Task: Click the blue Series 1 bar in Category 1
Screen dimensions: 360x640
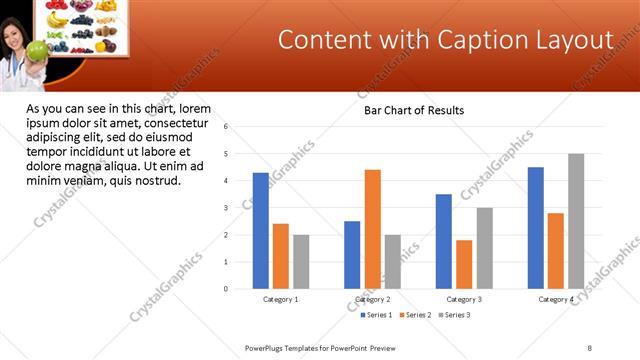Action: click(261, 231)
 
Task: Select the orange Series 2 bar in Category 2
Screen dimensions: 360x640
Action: click(372, 229)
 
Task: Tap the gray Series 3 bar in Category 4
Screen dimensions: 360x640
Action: click(576, 221)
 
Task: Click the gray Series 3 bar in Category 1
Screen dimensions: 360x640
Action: click(301, 262)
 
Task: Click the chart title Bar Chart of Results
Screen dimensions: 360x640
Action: click(413, 110)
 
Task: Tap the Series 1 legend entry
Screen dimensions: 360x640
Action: click(376, 315)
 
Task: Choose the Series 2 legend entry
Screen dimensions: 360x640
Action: click(416, 315)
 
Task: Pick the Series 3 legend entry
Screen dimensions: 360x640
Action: click(455, 315)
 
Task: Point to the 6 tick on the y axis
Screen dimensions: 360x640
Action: click(227, 127)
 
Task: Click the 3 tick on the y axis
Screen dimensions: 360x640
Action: click(227, 208)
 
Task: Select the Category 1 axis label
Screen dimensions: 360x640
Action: click(281, 299)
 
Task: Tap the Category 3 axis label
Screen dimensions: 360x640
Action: click(464, 299)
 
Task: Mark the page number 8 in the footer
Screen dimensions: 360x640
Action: click(590, 348)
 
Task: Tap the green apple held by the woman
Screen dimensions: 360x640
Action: click(37, 49)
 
